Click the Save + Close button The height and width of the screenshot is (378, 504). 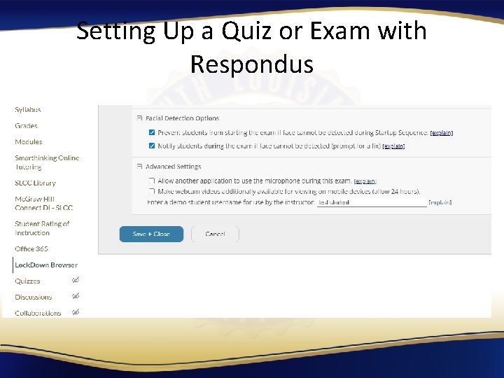pos(151,234)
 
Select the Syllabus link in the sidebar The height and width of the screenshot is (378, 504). pos(28,110)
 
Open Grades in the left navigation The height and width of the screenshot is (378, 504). pos(27,126)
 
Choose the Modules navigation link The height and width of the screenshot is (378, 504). pos(29,142)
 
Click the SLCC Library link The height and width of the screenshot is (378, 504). pos(36,183)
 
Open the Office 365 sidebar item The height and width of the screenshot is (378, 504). pos(31,249)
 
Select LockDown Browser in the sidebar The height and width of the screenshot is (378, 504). pos(46,265)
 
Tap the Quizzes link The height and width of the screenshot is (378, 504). pos(28,281)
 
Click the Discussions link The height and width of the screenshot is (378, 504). pos(34,297)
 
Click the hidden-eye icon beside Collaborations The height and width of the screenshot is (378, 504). pos(76,312)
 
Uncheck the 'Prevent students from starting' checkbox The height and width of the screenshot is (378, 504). pos(152,132)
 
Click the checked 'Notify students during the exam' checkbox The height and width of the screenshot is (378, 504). pos(152,146)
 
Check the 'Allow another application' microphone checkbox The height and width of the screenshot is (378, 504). pos(152,181)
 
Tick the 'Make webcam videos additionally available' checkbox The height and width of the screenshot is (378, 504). pos(152,191)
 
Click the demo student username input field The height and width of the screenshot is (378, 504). pos(372,202)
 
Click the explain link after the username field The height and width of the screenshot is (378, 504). pos(440,202)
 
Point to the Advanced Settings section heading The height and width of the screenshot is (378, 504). pos(173,167)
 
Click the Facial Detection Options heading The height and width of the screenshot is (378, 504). pos(182,118)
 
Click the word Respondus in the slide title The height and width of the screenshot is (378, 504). pos(251,64)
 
